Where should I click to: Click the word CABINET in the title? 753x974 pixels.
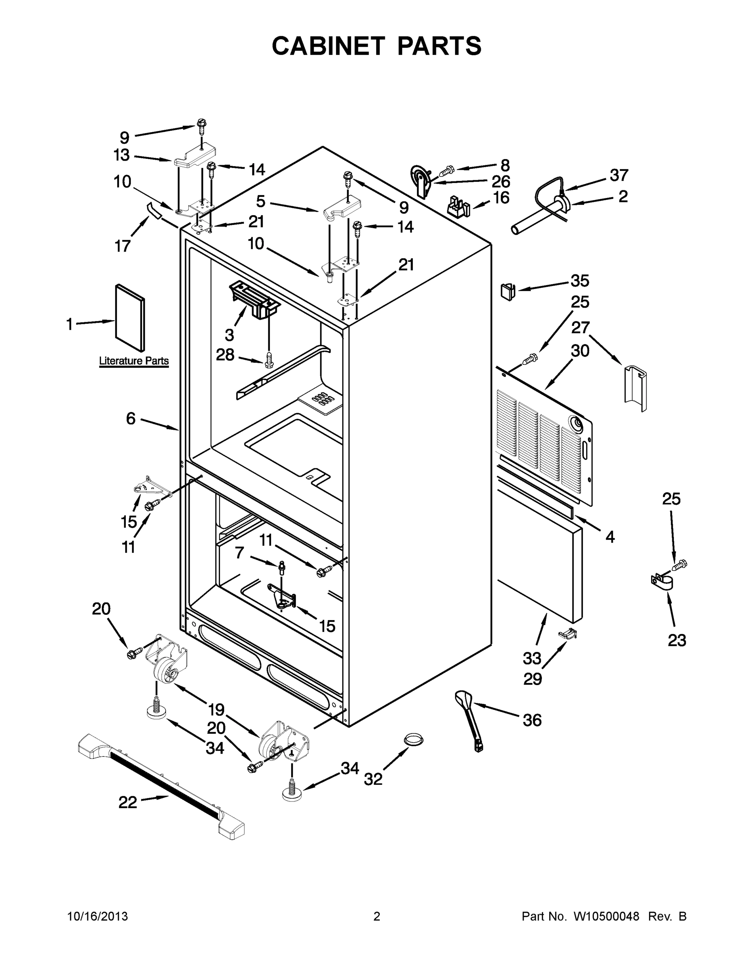coord(328,46)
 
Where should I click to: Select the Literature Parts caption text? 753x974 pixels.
coord(134,361)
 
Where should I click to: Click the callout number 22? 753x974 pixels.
coord(127,803)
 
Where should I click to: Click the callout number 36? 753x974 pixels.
coord(532,720)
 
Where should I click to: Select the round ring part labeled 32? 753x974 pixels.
coord(414,739)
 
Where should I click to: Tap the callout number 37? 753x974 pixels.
coord(619,175)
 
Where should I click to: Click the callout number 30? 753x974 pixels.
coord(580,351)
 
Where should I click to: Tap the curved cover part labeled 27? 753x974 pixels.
coord(635,387)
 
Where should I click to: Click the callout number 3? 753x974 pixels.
coord(229,334)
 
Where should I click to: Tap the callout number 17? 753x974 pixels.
coord(123,246)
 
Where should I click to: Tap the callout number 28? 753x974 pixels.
coord(225,355)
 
